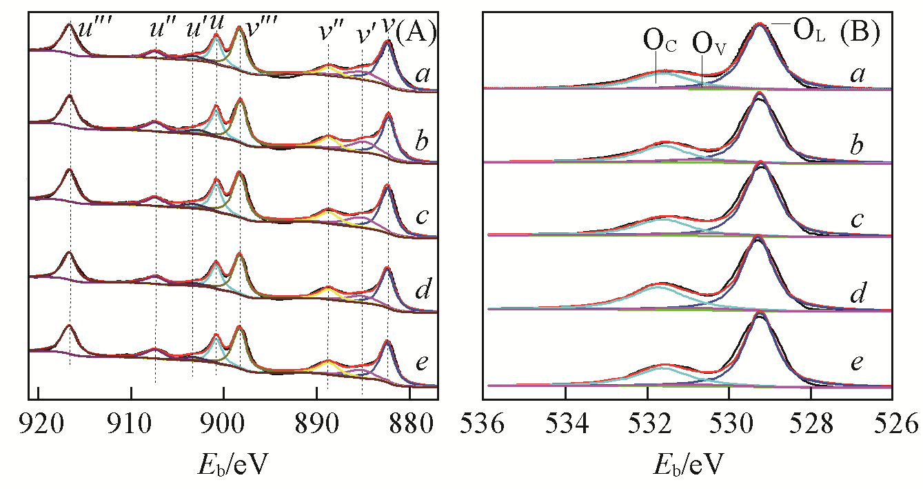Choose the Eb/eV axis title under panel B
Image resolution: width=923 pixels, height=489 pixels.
point(687,457)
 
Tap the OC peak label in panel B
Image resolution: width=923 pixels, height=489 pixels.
point(659,43)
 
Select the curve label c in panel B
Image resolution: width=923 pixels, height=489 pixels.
point(857,220)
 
